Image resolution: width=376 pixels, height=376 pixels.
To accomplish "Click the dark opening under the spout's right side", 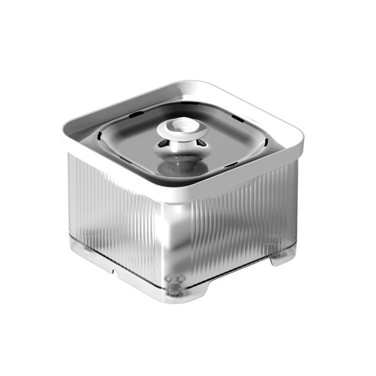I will coord(201,142).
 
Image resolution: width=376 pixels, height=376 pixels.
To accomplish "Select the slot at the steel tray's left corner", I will coord(101,137).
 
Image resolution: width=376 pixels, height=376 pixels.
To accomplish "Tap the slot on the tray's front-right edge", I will coord(232,164).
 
